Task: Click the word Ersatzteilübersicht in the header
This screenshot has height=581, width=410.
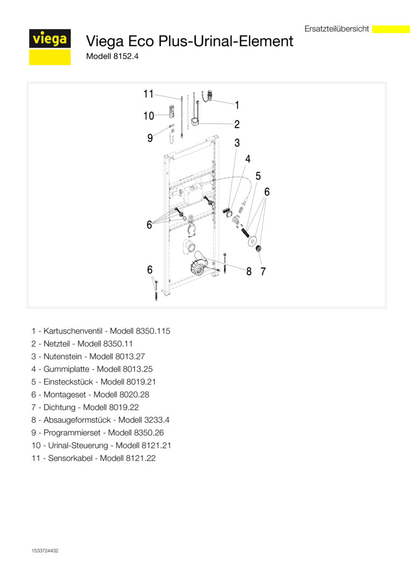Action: click(336, 29)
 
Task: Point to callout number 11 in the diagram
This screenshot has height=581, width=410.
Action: click(148, 94)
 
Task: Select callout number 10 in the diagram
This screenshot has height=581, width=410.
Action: click(148, 116)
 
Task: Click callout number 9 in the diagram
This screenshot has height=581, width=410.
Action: click(150, 138)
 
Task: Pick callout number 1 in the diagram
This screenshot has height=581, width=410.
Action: click(237, 105)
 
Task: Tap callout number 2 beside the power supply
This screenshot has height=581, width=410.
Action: click(237, 124)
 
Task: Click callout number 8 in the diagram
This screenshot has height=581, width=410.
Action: click(249, 272)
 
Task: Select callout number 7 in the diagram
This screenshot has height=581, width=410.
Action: click(263, 272)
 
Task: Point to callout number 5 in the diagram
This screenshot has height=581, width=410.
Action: click(258, 176)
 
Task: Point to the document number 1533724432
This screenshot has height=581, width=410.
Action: click(45, 550)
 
